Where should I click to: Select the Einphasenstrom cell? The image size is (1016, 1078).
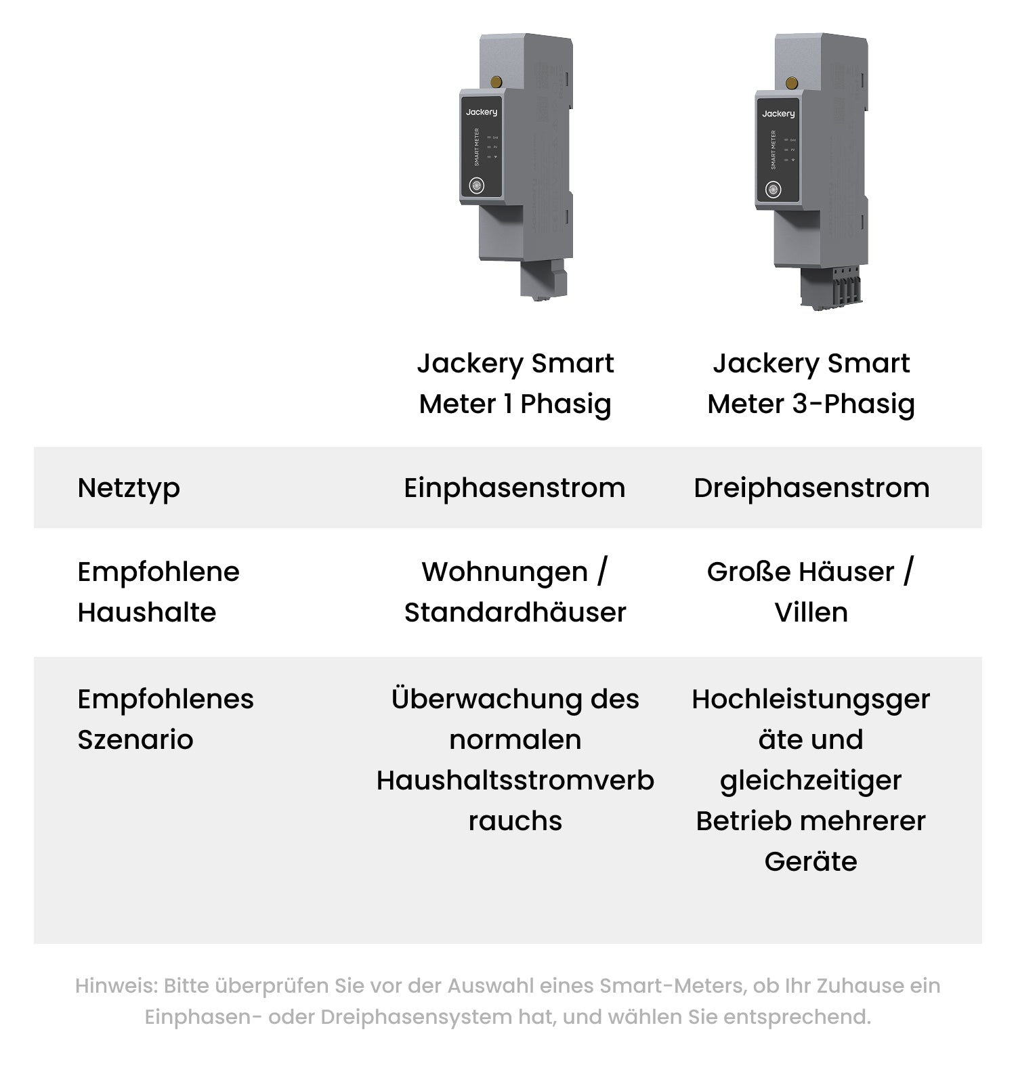pyautogui.click(x=515, y=488)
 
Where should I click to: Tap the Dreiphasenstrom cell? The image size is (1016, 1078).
pyautogui.click(x=811, y=488)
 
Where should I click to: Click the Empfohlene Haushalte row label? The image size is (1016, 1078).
pyautogui.click(x=158, y=592)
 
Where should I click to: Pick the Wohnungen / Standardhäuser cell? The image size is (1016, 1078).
pyautogui.click(x=515, y=592)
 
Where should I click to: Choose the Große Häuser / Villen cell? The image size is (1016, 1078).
pyautogui.click(x=811, y=592)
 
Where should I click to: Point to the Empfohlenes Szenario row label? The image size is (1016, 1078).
pyautogui.click(x=165, y=719)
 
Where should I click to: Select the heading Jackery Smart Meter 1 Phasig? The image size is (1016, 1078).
pyautogui.click(x=515, y=384)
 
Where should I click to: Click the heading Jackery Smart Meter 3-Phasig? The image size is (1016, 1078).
pyautogui.click(x=811, y=384)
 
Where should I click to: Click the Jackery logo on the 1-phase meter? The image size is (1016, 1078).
pyautogui.click(x=482, y=112)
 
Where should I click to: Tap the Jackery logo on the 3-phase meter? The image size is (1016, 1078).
pyautogui.click(x=778, y=114)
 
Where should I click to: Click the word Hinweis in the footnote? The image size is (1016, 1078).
pyautogui.click(x=116, y=986)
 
